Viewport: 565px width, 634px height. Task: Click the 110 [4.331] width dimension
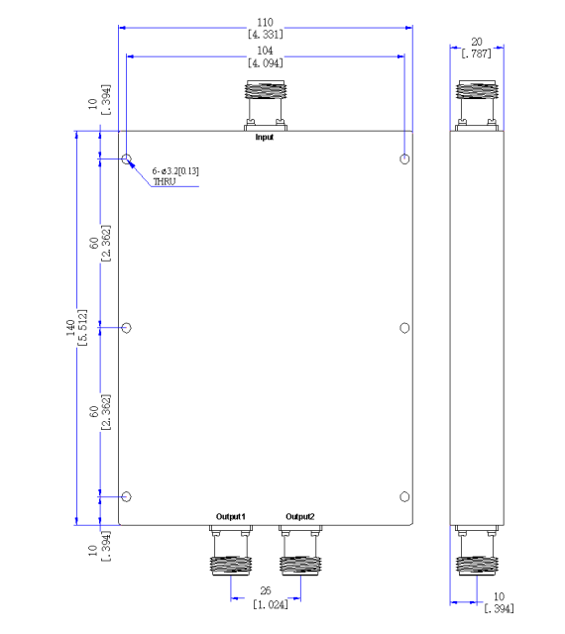pyautogui.click(x=266, y=29)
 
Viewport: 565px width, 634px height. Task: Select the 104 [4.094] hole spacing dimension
pyautogui.click(x=266, y=56)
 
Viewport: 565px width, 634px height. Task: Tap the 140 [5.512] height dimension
pyautogui.click(x=76, y=328)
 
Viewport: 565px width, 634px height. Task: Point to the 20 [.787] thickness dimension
pyautogui.click(x=477, y=48)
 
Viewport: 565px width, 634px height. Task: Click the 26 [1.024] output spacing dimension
pyautogui.click(x=270, y=597)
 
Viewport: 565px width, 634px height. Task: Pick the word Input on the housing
pyautogui.click(x=265, y=137)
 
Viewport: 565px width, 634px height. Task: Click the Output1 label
pyautogui.click(x=231, y=516)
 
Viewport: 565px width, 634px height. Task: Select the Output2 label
pyautogui.click(x=300, y=516)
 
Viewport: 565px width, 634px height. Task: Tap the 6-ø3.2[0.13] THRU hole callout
pyautogui.click(x=175, y=176)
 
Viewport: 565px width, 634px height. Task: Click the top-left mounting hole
pyautogui.click(x=126, y=158)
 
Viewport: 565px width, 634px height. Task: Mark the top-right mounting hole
pyautogui.click(x=404, y=158)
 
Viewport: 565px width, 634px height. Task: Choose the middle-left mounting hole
pyautogui.click(x=126, y=328)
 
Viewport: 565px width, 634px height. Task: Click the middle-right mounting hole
pyautogui.click(x=404, y=328)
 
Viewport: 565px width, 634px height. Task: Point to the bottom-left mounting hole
pyautogui.click(x=126, y=496)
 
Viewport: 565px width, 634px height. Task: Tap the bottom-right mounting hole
pyautogui.click(x=404, y=496)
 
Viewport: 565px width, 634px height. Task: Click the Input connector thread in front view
pyautogui.click(x=266, y=90)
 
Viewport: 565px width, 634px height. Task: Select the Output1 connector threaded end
pyautogui.click(x=231, y=566)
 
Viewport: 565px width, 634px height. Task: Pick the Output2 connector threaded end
pyautogui.click(x=300, y=566)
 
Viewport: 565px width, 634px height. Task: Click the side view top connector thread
pyautogui.click(x=477, y=90)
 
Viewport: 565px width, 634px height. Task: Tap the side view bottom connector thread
pyautogui.click(x=477, y=566)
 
